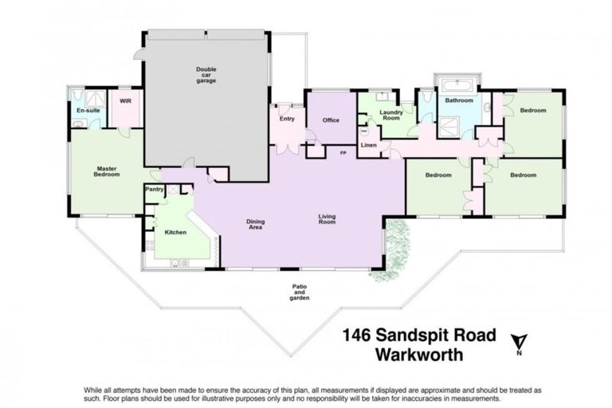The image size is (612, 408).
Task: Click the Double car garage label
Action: click(206, 75)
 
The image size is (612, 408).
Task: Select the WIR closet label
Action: click(125, 101)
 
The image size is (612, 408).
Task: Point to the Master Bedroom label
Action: click(107, 171)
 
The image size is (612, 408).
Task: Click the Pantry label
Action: click(155, 190)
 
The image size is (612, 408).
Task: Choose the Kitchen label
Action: click(175, 232)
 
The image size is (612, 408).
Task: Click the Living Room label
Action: click(327, 218)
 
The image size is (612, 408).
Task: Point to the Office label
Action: click(331, 120)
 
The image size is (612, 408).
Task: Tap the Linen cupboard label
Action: click(368, 145)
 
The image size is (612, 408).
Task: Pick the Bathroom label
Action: click(459, 101)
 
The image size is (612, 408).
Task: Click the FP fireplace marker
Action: click(343, 152)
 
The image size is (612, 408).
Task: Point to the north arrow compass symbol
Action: click(519, 343)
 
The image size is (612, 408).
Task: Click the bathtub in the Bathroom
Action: click(458, 83)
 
